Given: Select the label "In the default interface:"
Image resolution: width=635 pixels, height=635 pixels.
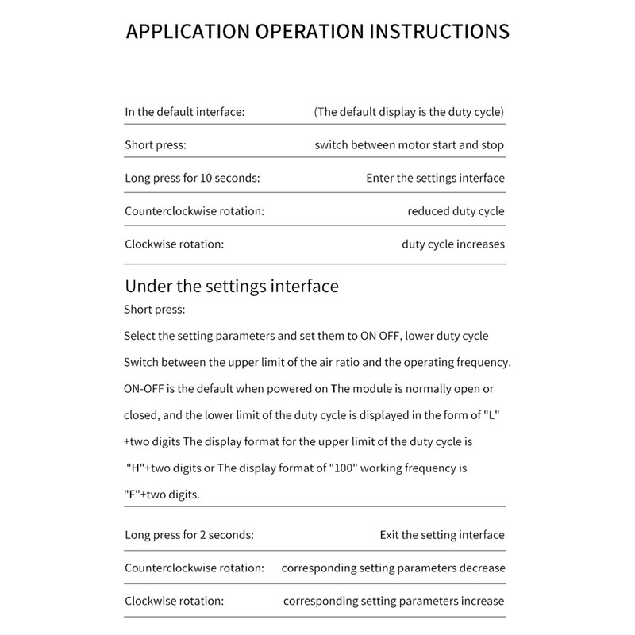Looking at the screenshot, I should [184, 112].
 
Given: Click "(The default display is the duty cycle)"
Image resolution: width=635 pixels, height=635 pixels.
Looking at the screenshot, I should [409, 112].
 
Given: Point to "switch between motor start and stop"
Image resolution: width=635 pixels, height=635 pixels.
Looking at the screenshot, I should [409, 145].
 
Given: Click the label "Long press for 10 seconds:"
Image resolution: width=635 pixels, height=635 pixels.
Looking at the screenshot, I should [192, 178].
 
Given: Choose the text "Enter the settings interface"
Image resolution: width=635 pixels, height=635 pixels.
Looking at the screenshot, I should [435, 178].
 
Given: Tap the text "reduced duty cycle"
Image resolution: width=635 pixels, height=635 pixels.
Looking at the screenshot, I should [456, 211].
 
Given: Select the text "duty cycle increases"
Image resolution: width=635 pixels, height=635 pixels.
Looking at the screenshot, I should [452, 244].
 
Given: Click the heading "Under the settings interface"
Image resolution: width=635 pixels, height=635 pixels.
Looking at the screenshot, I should [232, 286].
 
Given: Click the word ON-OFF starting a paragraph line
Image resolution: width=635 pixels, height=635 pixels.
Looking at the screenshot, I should [143, 389].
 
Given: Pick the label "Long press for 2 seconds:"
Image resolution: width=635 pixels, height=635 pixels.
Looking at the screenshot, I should [189, 535].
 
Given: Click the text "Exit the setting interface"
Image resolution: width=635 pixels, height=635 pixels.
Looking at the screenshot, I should [441, 535].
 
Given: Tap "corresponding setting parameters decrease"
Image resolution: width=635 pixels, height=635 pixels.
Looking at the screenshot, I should [393, 568].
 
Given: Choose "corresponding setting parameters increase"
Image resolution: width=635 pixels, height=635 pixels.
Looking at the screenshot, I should [394, 601].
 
